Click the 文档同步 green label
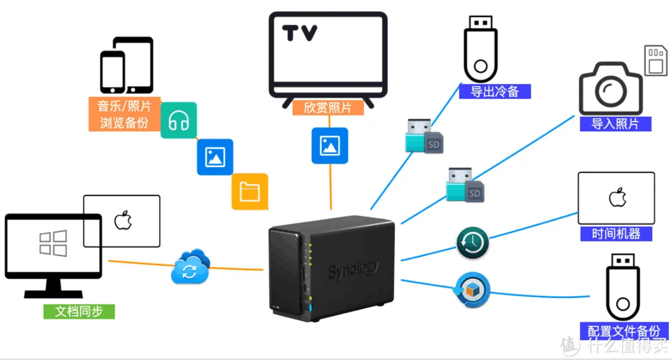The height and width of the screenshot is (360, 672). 80,312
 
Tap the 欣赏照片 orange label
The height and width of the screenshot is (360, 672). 328,108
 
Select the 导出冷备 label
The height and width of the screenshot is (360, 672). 495,91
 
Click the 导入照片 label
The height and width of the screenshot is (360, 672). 615,123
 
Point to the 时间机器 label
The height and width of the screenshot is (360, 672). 617,233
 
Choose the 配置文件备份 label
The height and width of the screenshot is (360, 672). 624,331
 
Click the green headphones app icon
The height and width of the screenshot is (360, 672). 178,120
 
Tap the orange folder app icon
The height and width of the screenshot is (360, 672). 250,192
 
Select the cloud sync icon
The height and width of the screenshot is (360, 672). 190,267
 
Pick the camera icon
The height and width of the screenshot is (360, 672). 610,88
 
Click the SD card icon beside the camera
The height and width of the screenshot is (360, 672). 654,60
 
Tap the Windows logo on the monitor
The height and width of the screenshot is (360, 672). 53,243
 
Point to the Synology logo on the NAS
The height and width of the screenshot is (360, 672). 353,269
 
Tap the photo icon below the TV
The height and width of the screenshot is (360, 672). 330,146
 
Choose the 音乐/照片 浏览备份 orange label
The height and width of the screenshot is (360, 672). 125,114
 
